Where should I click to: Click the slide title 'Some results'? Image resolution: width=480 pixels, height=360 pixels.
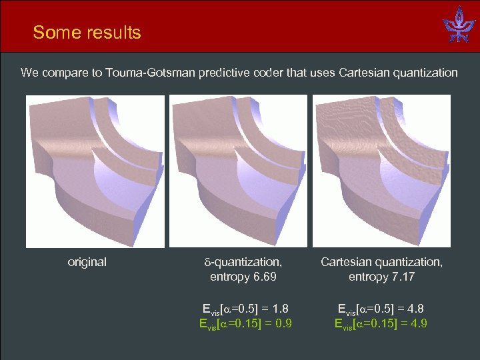pos(87,32)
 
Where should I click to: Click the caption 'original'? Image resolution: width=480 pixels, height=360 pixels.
pos(87,262)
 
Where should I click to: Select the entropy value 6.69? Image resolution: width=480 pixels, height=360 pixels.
pos(262,276)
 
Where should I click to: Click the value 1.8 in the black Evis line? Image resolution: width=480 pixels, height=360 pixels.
pos(281,309)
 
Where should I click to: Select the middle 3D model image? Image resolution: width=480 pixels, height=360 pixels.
pos(239,171)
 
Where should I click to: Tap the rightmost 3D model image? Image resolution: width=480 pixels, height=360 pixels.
pos(381,171)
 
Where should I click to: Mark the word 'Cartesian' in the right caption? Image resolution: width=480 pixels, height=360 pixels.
pos(347,262)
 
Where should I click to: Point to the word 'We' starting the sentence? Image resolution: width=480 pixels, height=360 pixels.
pos(29,73)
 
